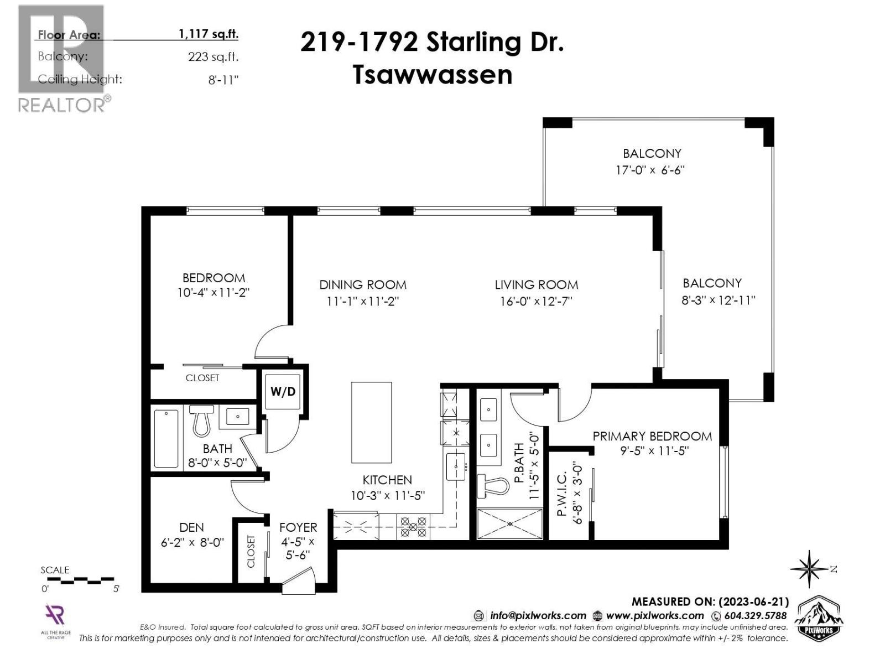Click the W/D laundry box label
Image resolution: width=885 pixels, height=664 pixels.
pyautogui.click(x=283, y=392)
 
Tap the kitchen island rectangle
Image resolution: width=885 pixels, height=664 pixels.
pyautogui.click(x=371, y=422)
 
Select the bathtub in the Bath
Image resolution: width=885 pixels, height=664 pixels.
pyautogui.click(x=166, y=438)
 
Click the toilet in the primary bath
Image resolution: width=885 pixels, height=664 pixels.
pyautogui.click(x=493, y=486)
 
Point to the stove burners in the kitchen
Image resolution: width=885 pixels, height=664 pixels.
pyautogui.click(x=414, y=527)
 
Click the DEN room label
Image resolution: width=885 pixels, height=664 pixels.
pyautogui.click(x=191, y=527)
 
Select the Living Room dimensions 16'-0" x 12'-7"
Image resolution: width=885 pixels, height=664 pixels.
pyautogui.click(x=536, y=302)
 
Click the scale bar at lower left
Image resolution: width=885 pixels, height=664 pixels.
pyautogui.click(x=80, y=580)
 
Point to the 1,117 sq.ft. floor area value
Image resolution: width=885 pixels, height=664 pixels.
pyautogui.click(x=209, y=34)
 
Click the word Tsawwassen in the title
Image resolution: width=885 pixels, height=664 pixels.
pyautogui.click(x=433, y=75)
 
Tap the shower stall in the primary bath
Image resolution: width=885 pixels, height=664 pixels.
pyautogui.click(x=509, y=523)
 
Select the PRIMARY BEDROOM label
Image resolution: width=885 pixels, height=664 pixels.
pyautogui.click(x=652, y=436)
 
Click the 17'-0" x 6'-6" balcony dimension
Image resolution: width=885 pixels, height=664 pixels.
pyautogui.click(x=651, y=170)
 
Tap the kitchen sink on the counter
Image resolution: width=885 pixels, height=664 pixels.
pyautogui.click(x=456, y=466)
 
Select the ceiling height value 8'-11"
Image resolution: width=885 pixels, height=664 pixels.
pyautogui.click(x=223, y=80)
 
